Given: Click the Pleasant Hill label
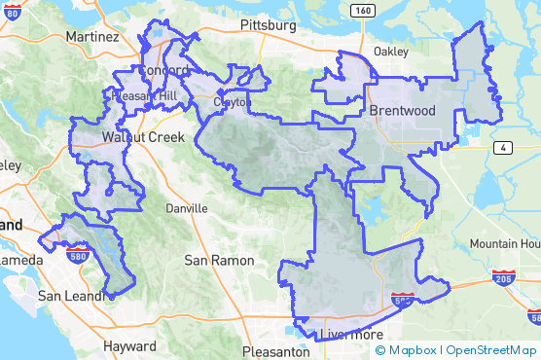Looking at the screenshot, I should [144, 96].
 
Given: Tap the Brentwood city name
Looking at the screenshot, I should [403, 111].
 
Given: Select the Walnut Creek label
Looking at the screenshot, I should [142, 137].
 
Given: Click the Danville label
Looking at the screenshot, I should [187, 208].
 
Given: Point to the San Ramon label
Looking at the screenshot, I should [219, 261].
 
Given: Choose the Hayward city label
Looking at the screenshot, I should [129, 345].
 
